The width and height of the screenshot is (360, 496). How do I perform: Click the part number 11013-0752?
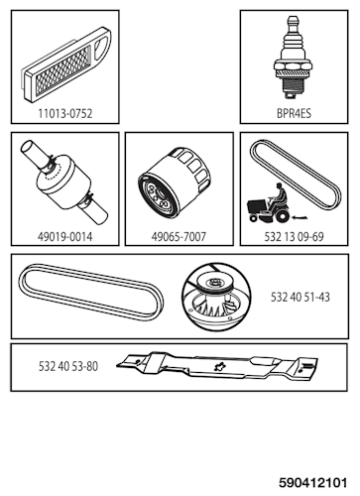click(x=65, y=114)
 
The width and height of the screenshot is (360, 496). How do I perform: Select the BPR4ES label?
click(x=293, y=114)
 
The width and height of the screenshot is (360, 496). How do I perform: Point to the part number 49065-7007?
click(x=179, y=238)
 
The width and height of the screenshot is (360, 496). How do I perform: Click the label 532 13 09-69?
click(x=294, y=238)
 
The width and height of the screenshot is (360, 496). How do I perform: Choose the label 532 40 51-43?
click(x=301, y=297)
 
